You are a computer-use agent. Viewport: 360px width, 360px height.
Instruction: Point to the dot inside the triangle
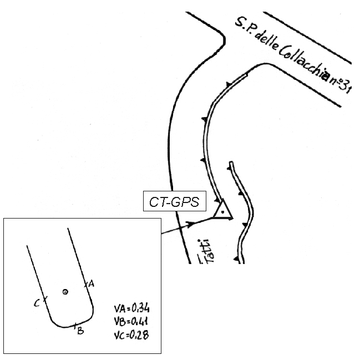pyautogui.click(x=222, y=212)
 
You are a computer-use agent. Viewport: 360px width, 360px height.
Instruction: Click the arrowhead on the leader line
pyautogui.click(x=192, y=224)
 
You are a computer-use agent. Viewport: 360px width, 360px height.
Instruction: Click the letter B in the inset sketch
pyautogui.click(x=80, y=332)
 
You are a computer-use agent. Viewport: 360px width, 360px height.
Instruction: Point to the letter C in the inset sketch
pyautogui.click(x=36, y=303)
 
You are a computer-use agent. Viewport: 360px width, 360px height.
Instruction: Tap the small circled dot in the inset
pyautogui.click(x=65, y=291)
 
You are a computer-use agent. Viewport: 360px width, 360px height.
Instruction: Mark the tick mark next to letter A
pyautogui.click(x=85, y=285)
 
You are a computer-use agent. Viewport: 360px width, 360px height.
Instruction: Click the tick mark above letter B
pyautogui.click(x=75, y=326)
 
